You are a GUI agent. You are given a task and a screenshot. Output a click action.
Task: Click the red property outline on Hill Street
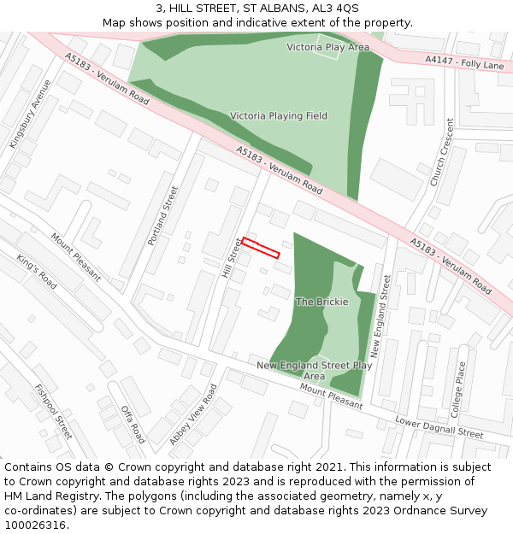(261, 248)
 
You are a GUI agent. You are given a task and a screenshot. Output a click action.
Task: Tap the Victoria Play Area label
(327, 47)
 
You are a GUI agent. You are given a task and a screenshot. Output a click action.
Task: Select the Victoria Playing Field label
(278, 115)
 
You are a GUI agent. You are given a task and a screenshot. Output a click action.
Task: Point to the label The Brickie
(321, 302)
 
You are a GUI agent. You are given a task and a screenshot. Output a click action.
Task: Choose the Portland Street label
(162, 216)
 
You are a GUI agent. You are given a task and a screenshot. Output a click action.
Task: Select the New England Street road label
(380, 315)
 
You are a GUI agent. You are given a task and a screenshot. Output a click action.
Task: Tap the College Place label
(460, 389)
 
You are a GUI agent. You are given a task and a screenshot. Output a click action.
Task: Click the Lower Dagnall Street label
(439, 427)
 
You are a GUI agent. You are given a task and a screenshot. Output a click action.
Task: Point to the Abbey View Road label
(193, 414)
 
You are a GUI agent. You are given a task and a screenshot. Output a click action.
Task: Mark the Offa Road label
(133, 423)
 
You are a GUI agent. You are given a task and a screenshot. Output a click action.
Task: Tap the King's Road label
(37, 272)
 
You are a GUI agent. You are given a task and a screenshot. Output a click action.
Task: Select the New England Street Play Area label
(314, 370)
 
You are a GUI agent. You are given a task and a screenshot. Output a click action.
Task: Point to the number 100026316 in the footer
(35, 525)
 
